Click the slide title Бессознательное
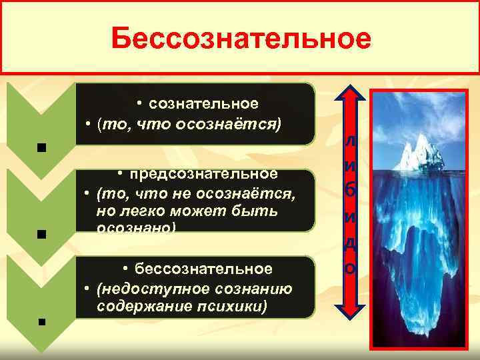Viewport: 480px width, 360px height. [x=241, y=39]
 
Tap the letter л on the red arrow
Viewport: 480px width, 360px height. [x=351, y=143]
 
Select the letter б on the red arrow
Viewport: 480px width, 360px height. [x=351, y=191]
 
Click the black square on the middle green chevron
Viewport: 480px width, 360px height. [x=41, y=234]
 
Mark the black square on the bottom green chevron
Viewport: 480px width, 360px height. [x=41, y=321]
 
